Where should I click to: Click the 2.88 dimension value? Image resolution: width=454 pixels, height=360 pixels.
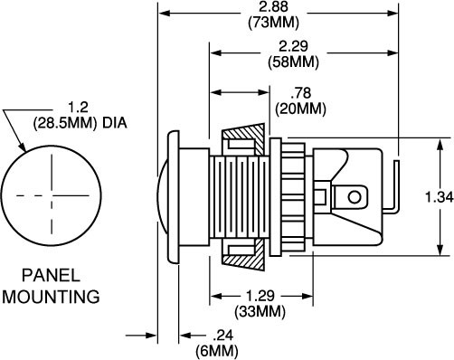pyautogui.click(x=273, y=6)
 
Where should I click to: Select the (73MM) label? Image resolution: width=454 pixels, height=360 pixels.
pyautogui.click(x=273, y=23)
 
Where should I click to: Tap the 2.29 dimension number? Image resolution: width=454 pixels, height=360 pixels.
pyautogui.click(x=293, y=46)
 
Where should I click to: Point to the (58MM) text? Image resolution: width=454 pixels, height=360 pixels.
pyautogui.click(x=293, y=62)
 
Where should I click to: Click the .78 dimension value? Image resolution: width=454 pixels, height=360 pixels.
pyautogui.click(x=300, y=93)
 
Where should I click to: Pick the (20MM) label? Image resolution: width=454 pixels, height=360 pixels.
pyautogui.click(x=300, y=109)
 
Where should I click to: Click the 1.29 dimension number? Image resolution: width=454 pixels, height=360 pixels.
pyautogui.click(x=260, y=296)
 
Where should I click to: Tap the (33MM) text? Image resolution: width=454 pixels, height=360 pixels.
pyautogui.click(x=260, y=311)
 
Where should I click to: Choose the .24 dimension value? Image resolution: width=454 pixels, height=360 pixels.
pyautogui.click(x=223, y=336)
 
